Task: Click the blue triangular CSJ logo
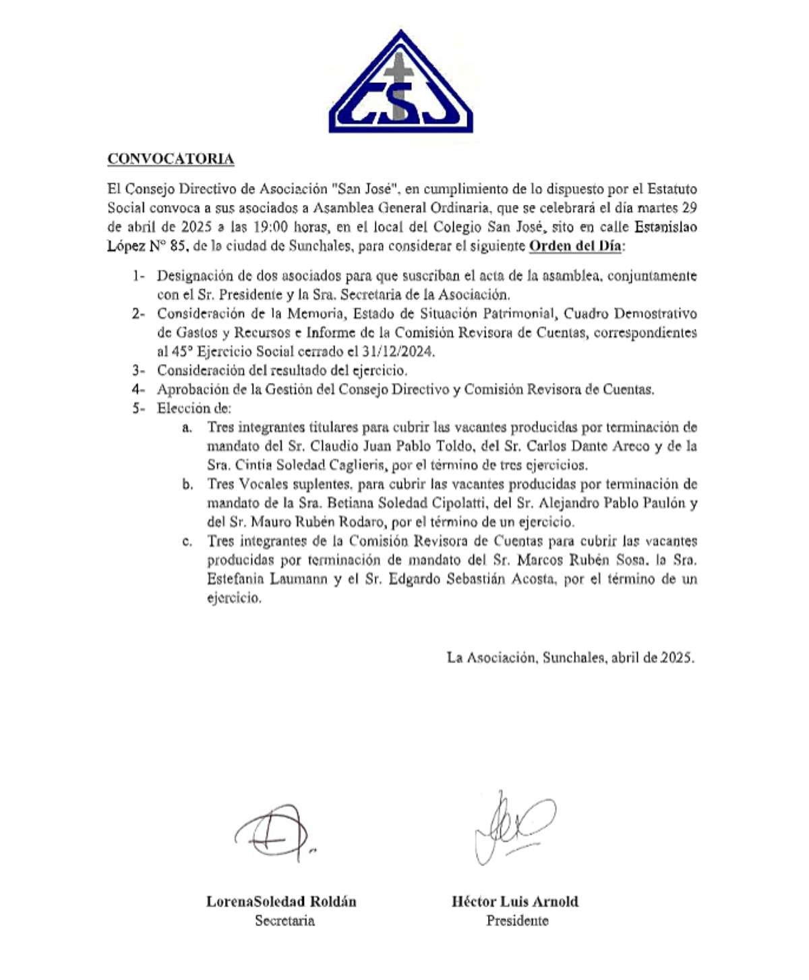point(400,84)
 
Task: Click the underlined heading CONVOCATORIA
point(171,159)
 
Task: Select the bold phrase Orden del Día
point(575,246)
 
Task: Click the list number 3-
point(138,370)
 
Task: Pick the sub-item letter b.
point(187,484)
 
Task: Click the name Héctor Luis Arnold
point(515,902)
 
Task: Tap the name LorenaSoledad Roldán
point(281,902)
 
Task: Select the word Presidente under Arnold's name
point(517,921)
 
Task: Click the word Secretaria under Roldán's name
point(284,921)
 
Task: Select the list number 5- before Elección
point(138,408)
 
